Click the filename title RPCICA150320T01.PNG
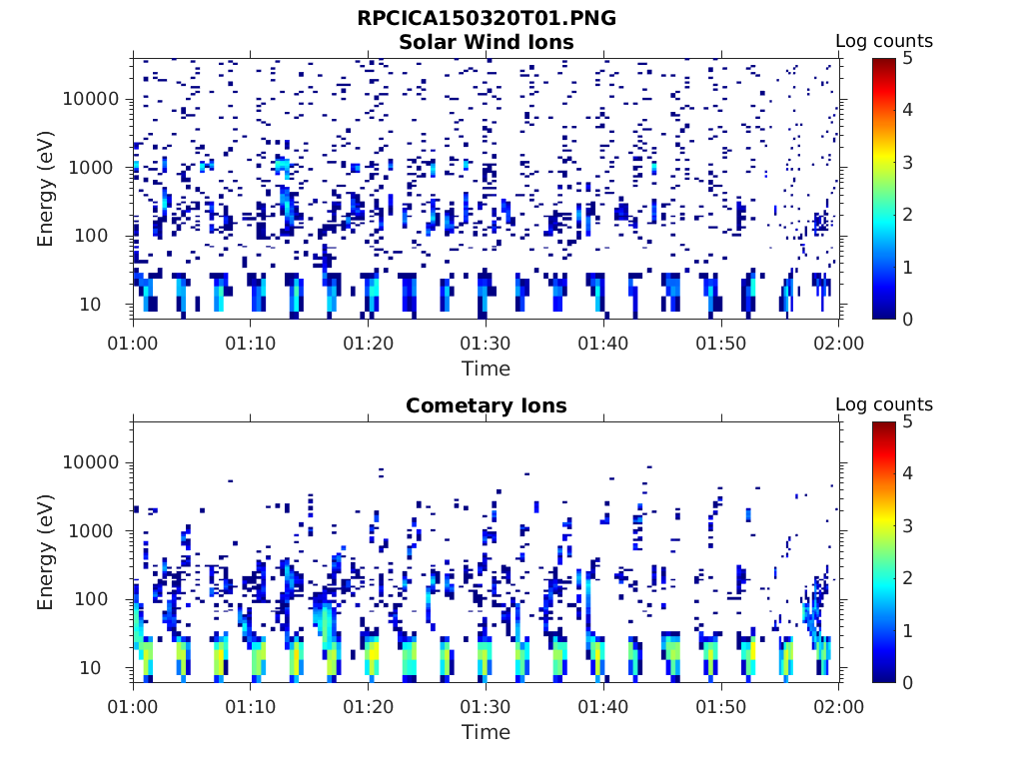pyautogui.click(x=486, y=18)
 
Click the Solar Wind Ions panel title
pyautogui.click(x=486, y=42)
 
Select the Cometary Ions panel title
pyautogui.click(x=486, y=405)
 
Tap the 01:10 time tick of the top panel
pyautogui.click(x=251, y=344)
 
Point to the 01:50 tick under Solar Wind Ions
pyautogui.click(x=721, y=344)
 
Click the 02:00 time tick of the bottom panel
pyautogui.click(x=838, y=707)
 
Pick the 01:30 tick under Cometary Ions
pyautogui.click(x=486, y=707)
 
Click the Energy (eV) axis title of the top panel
pyautogui.click(x=46, y=189)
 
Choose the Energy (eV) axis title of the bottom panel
pyautogui.click(x=46, y=552)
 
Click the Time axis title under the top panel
pyautogui.click(x=486, y=369)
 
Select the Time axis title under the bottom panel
pyautogui.click(x=486, y=732)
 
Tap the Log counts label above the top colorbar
pyautogui.click(x=883, y=41)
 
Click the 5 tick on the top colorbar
pyautogui.click(x=908, y=58)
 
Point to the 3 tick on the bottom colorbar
pyautogui.click(x=908, y=526)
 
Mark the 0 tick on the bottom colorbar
pyautogui.click(x=908, y=683)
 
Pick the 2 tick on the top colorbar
pyautogui.click(x=908, y=215)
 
